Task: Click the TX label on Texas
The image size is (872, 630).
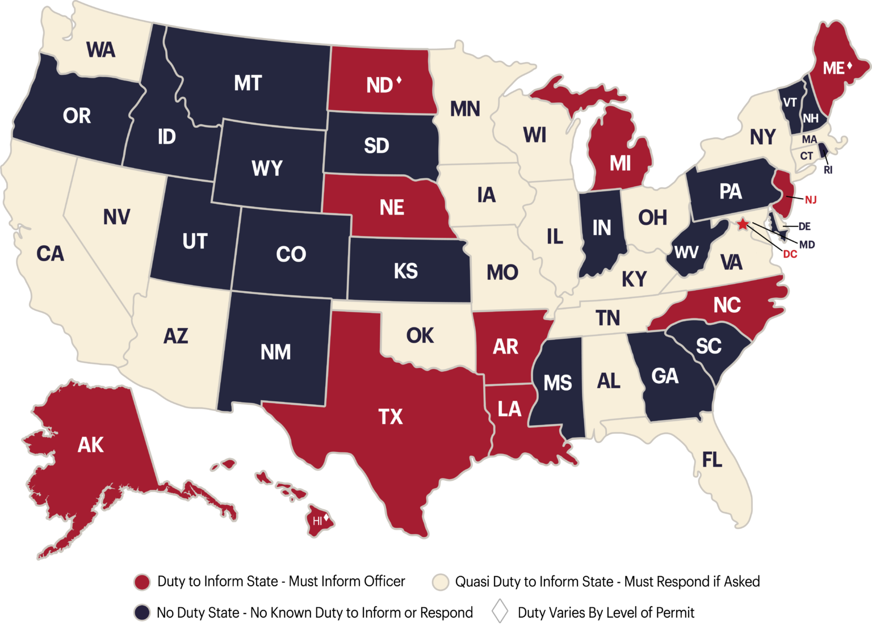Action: (391, 417)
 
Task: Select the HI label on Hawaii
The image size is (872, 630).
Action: (317, 520)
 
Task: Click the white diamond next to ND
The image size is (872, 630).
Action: (399, 81)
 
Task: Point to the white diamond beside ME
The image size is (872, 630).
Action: (849, 66)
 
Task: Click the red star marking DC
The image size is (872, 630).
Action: (743, 224)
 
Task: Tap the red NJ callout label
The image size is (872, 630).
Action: (810, 200)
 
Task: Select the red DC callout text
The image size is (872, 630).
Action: (790, 255)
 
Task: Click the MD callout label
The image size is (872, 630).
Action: (807, 245)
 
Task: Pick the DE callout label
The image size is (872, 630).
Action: (804, 226)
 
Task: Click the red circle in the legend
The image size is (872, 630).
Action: (142, 582)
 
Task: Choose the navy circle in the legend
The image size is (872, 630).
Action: (142, 611)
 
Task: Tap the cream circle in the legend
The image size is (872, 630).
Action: (441, 582)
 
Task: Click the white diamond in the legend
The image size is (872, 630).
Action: (500, 611)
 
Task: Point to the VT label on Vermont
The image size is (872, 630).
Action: (790, 103)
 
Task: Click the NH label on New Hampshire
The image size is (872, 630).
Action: (811, 119)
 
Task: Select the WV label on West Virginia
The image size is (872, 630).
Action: (686, 253)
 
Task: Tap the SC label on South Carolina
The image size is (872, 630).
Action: (708, 346)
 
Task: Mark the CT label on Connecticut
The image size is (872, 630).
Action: (807, 156)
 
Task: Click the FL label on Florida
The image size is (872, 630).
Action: (712, 460)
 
